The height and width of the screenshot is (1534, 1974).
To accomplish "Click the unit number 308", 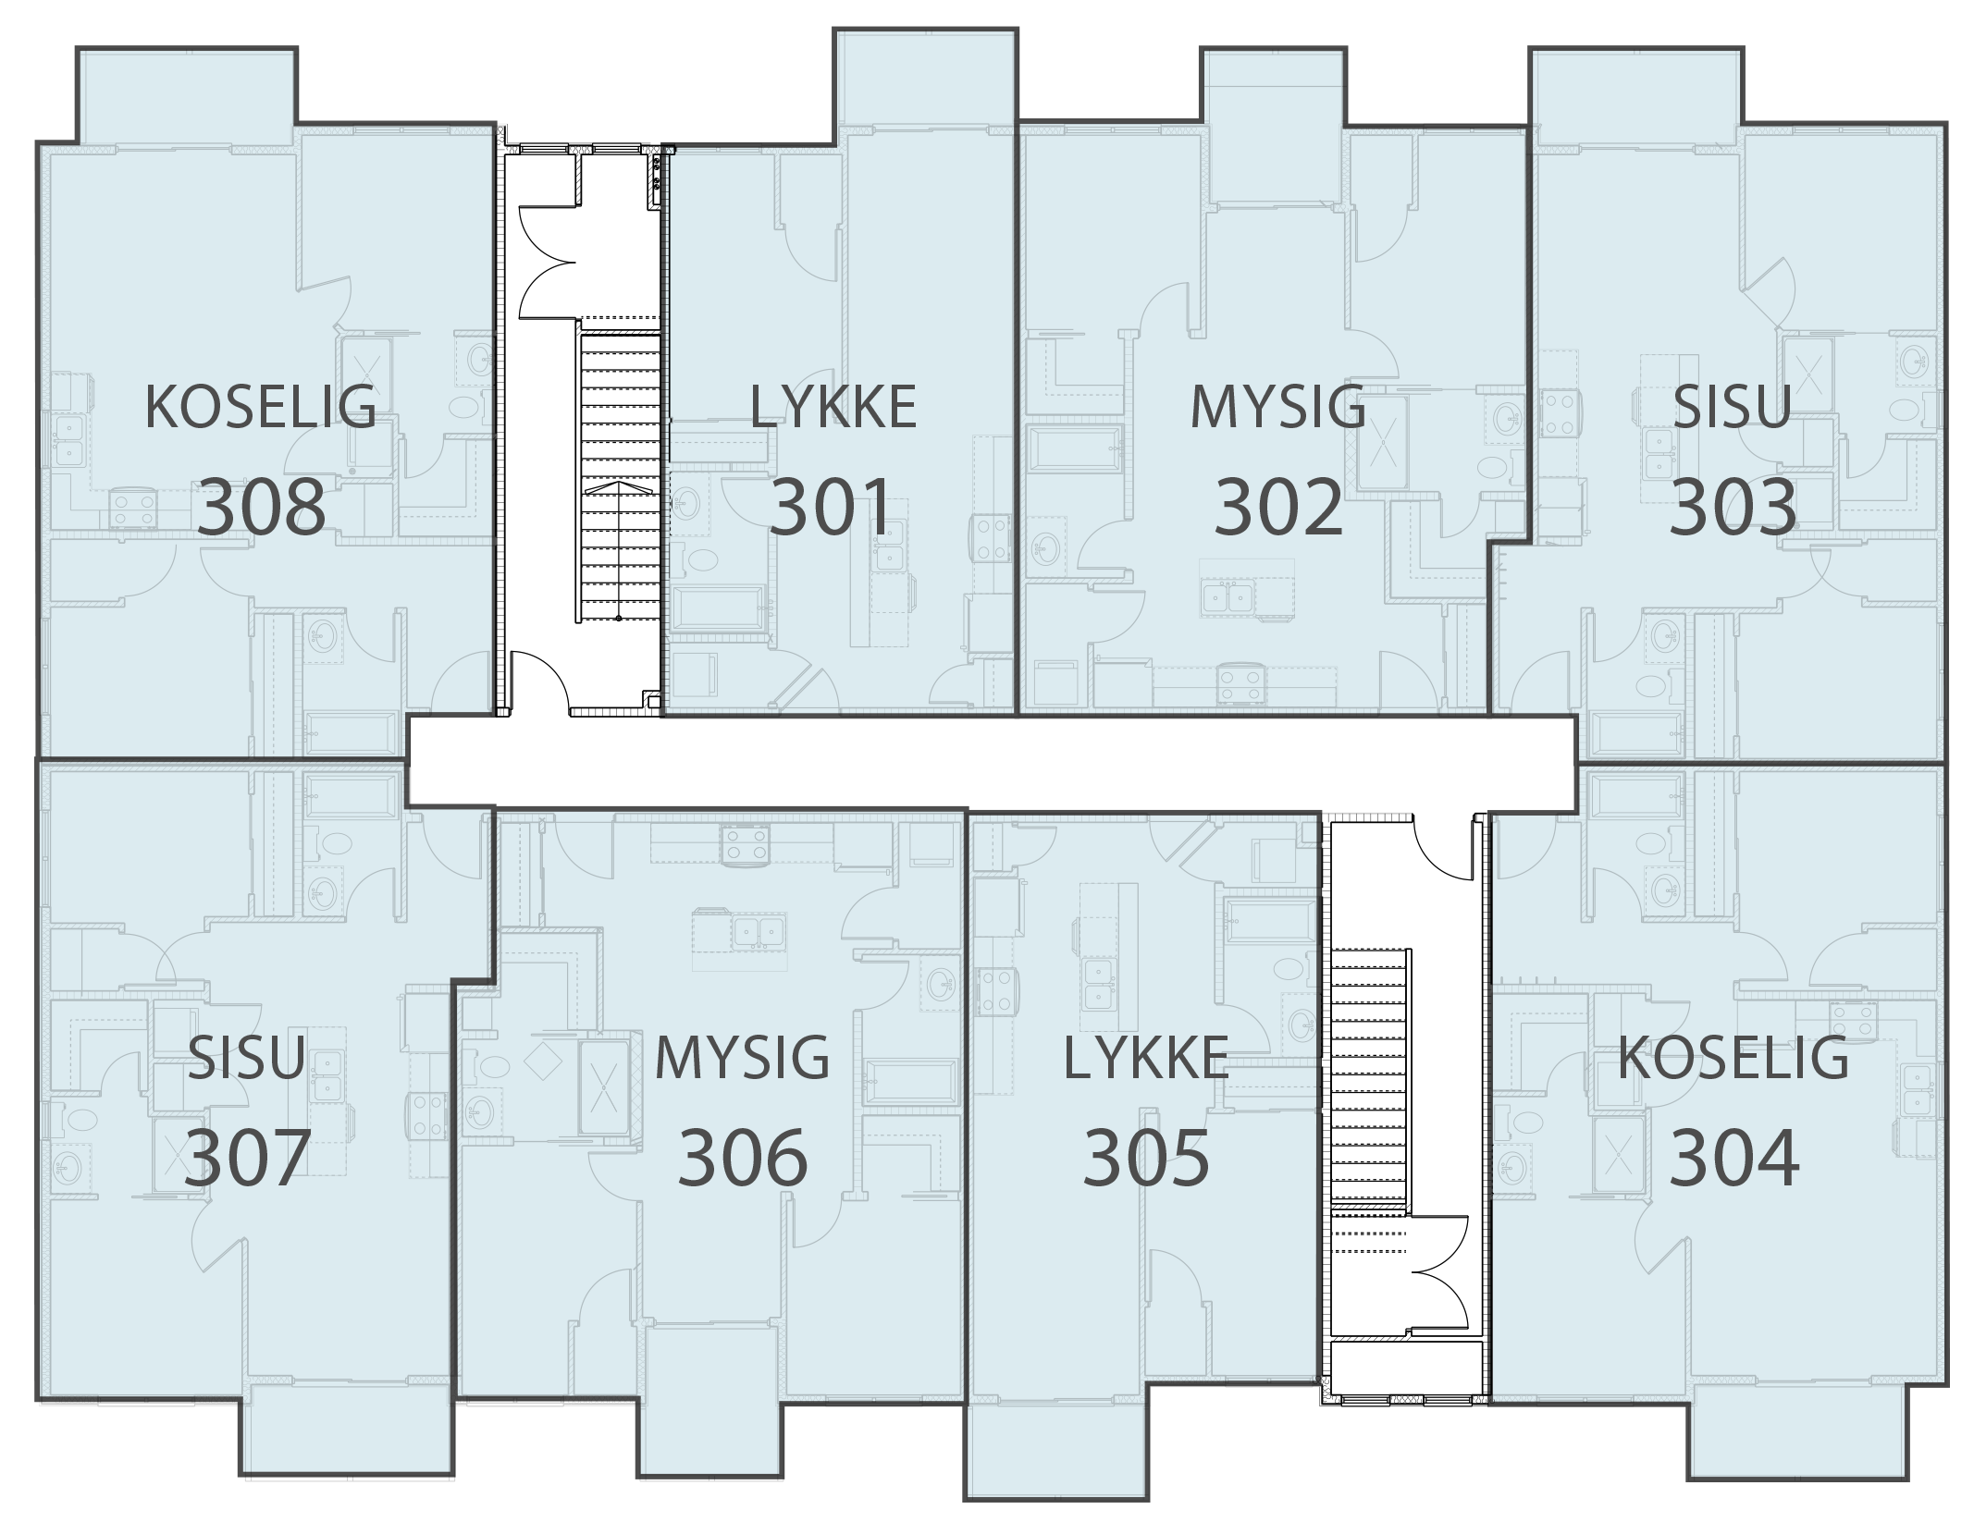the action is (262, 507).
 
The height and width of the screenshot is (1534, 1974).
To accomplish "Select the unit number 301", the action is (830, 507).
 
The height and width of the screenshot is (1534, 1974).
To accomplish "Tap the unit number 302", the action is (1277, 507).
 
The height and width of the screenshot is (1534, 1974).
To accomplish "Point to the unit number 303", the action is (1733, 507).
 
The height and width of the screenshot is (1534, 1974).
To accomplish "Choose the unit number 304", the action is (1734, 1158).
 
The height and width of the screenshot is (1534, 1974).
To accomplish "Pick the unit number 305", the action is (1146, 1158).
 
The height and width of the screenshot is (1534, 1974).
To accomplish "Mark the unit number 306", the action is (743, 1158).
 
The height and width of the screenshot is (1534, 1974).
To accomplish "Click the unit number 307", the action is (246, 1158).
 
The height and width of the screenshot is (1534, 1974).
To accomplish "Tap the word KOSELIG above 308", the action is (261, 407).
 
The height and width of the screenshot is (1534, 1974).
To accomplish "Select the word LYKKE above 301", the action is (833, 407).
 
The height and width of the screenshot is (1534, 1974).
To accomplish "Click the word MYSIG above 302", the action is (1277, 407).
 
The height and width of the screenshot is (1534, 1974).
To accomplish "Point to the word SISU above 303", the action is (1733, 407).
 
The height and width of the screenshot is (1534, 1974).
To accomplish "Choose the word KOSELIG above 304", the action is (1733, 1058).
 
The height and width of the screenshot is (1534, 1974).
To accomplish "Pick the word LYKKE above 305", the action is (1146, 1058).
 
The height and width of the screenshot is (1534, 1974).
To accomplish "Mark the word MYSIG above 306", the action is (742, 1058).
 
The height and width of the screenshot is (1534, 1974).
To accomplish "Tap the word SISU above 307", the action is (246, 1058).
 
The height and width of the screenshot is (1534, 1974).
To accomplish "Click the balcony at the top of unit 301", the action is (925, 78).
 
